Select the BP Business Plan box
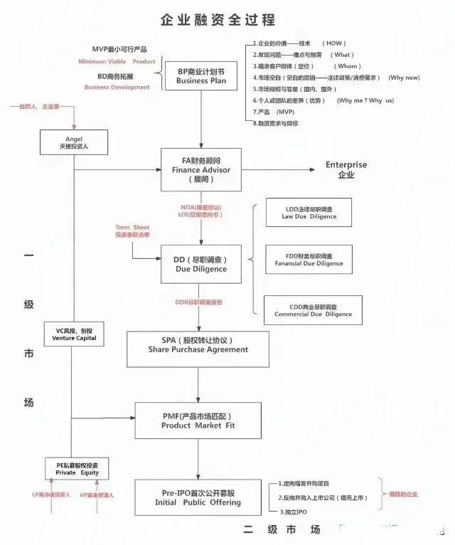pos(201,76)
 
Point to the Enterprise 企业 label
pos(346,169)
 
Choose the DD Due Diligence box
pos(201,265)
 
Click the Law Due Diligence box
pos(308,213)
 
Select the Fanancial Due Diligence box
pos(309,259)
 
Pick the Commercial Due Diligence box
pos(308,309)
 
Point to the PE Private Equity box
pos(77,469)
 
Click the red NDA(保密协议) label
pos(201,206)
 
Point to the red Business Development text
pos(117,87)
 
